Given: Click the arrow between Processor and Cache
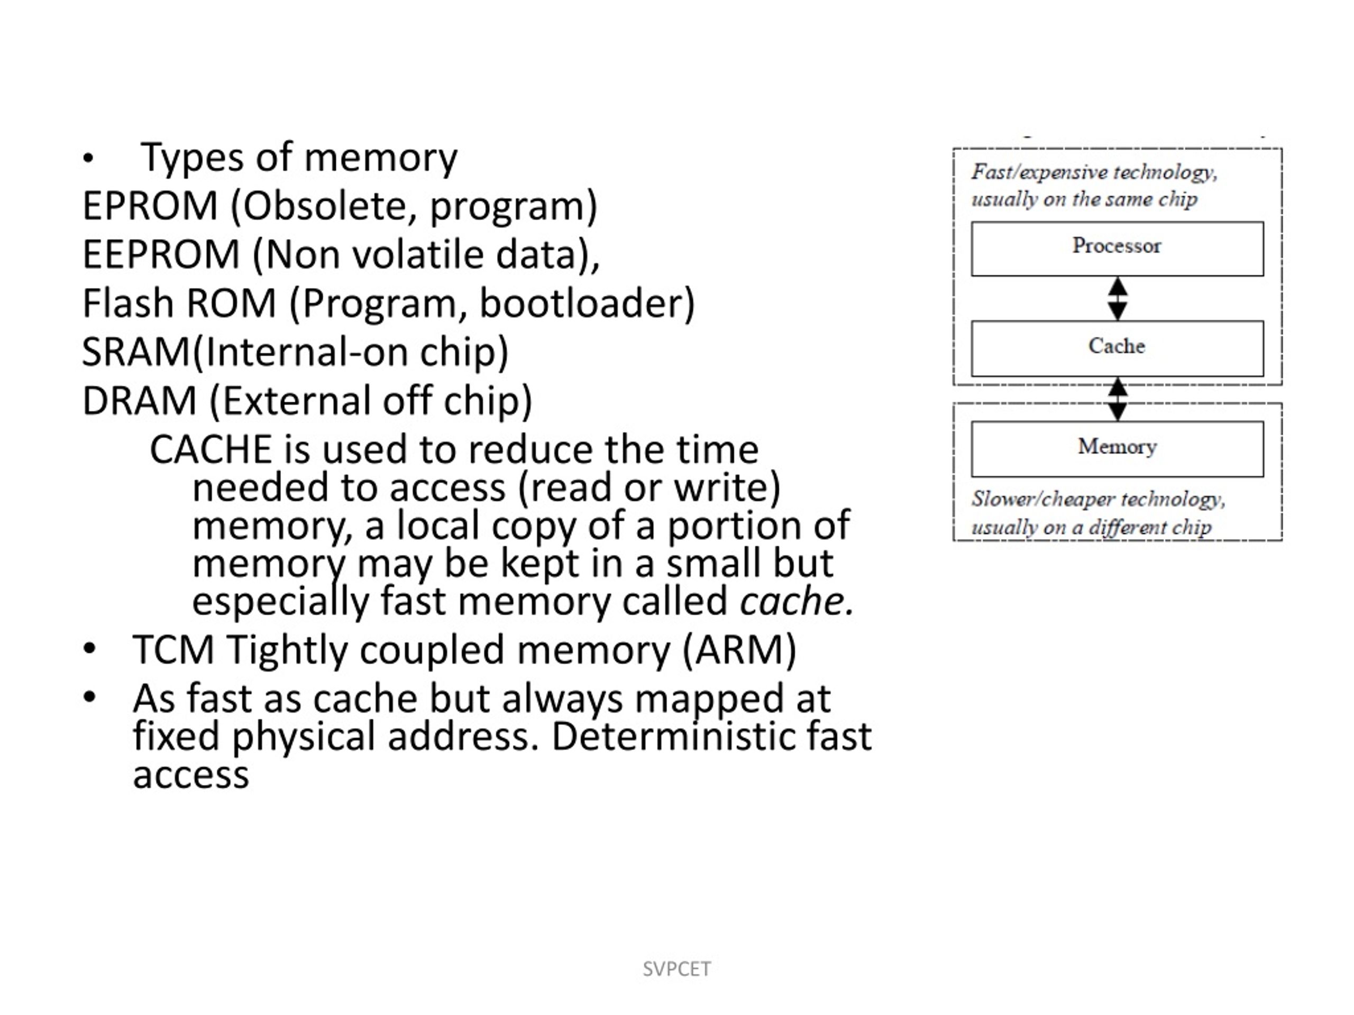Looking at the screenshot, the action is pyautogui.click(x=1118, y=299).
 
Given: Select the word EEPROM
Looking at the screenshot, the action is pyautogui.click(x=160, y=254).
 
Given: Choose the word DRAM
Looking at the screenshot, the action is pyautogui.click(x=139, y=401).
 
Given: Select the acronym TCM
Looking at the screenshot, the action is pyautogui.click(x=173, y=649).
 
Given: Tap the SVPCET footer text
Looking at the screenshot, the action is pyautogui.click(x=677, y=969).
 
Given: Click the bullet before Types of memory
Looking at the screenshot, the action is pyautogui.click(x=88, y=159).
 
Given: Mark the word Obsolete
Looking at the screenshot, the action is pyautogui.click(x=324, y=206).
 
